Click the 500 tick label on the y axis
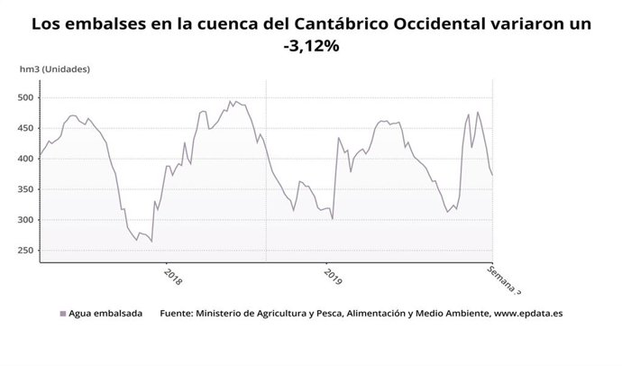click(x=23, y=97)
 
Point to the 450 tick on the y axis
click(x=23, y=128)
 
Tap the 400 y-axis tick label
click(x=23, y=159)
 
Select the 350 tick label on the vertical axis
click(x=23, y=189)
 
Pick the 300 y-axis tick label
click(x=23, y=220)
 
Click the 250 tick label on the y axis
click(x=23, y=251)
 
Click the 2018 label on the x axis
click(x=173, y=275)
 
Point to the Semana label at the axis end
click(x=504, y=279)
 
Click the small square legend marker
click(x=63, y=315)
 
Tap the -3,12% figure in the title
click(x=311, y=46)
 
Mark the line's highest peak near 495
click(x=231, y=101)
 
